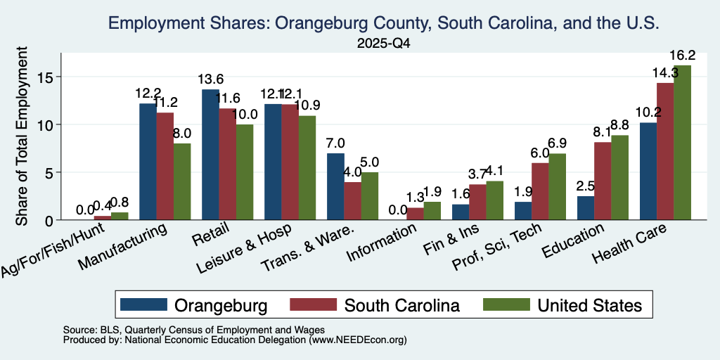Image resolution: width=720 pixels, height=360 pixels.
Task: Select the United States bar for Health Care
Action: [x=682, y=142]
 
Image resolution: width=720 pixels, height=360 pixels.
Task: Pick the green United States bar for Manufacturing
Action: [x=182, y=182]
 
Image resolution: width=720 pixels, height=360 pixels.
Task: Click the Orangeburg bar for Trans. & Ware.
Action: [x=335, y=186]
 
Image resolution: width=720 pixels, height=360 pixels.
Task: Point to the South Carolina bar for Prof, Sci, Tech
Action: [x=540, y=191]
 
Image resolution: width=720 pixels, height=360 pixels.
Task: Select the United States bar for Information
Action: [x=432, y=211]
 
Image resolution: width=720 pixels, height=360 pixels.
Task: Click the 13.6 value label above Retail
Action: [x=211, y=79]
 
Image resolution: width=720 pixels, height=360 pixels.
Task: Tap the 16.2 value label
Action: [x=682, y=56]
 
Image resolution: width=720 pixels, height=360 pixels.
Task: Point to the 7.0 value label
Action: [x=335, y=143]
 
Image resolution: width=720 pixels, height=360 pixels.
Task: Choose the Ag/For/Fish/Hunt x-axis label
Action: [x=52, y=250]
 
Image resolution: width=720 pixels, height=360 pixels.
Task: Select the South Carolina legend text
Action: [x=401, y=305]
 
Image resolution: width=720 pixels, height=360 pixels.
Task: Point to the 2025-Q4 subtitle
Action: [x=383, y=44]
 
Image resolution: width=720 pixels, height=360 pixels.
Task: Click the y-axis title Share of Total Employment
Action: [x=22, y=136]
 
